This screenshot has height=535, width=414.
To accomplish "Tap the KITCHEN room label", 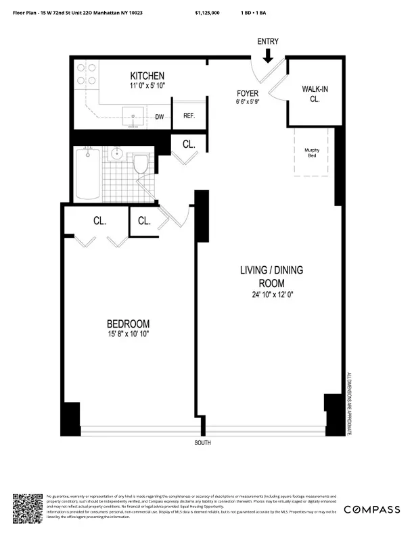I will [x=147, y=76].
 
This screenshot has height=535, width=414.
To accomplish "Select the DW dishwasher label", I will [x=160, y=117].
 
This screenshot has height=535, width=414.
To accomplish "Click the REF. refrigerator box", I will [x=189, y=116].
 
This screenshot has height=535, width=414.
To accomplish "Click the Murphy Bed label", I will [x=312, y=153].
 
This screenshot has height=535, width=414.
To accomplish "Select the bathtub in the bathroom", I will [x=87, y=174].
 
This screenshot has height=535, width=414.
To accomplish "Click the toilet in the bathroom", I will [x=141, y=164].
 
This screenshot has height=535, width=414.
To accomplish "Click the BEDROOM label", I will [x=128, y=324].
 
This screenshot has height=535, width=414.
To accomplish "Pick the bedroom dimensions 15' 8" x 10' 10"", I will [x=128, y=334].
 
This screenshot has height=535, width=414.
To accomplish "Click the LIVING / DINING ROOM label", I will [x=271, y=276].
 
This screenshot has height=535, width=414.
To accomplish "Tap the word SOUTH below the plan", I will [x=202, y=443].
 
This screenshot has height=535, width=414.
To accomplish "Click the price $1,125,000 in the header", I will [x=207, y=13].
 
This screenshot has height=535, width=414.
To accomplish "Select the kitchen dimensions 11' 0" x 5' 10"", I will [x=147, y=86].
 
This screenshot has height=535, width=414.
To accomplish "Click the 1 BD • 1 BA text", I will [x=253, y=13].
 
